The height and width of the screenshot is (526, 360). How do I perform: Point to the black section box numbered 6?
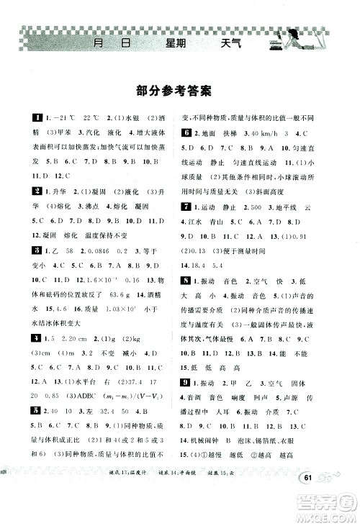click(186, 134)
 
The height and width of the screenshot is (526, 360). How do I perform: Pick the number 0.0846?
click(83, 250)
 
